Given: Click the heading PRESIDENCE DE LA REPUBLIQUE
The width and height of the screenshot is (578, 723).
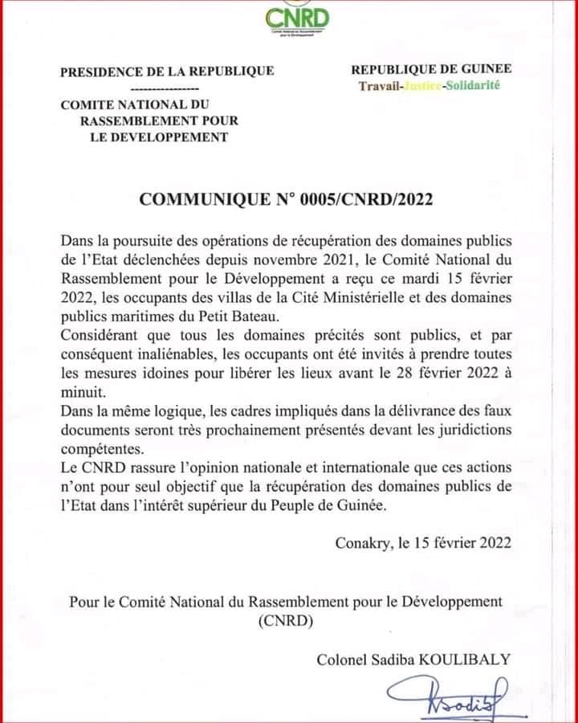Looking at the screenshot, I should [x=167, y=71].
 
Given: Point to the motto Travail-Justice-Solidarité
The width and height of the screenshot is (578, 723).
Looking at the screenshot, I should [x=429, y=86].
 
